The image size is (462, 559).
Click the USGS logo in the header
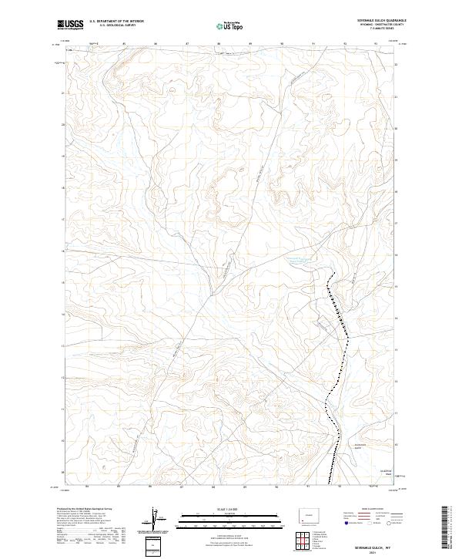(x=71, y=25)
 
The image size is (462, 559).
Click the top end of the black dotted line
(x=333, y=275)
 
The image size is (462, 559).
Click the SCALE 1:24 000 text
(x=230, y=510)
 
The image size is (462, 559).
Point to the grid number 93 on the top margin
(x=375, y=43)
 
